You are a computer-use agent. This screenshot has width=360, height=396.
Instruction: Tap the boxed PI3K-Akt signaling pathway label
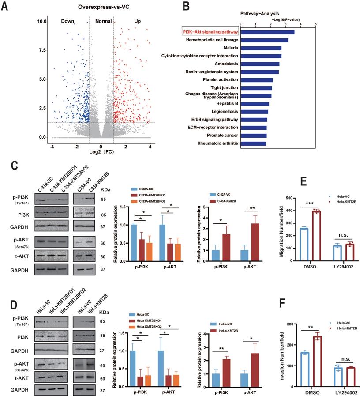pyautogui.click(x=210, y=32)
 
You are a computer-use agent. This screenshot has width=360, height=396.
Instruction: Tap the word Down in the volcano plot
pyautogui.click(x=67, y=21)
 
